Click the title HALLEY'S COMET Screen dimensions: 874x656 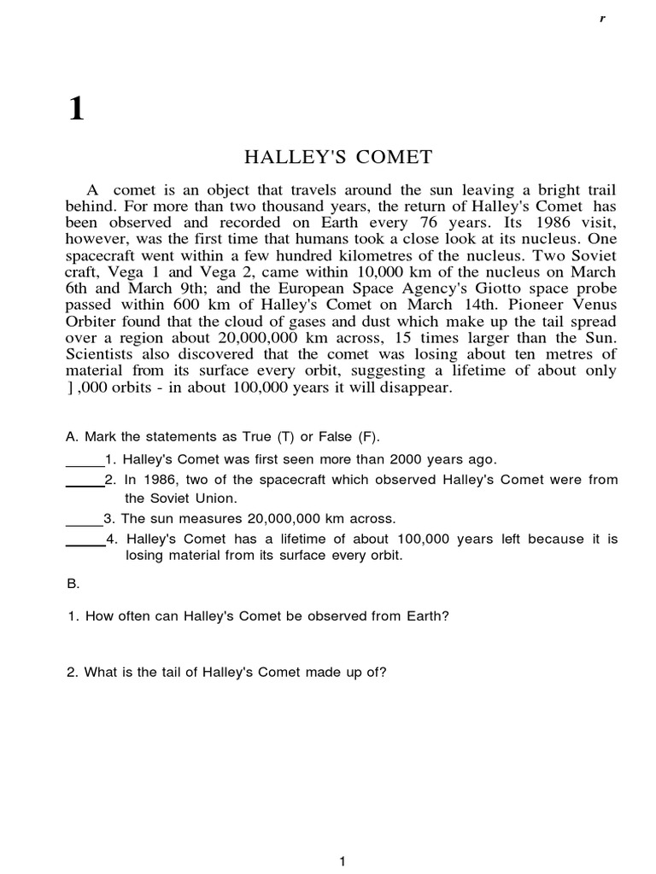click(338, 157)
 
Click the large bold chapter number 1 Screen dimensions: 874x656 click(76, 108)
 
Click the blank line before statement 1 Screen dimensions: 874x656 click(85, 463)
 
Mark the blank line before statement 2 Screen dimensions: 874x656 click(85, 484)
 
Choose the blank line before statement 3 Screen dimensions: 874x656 click(85, 522)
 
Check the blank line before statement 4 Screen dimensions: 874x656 click(85, 544)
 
